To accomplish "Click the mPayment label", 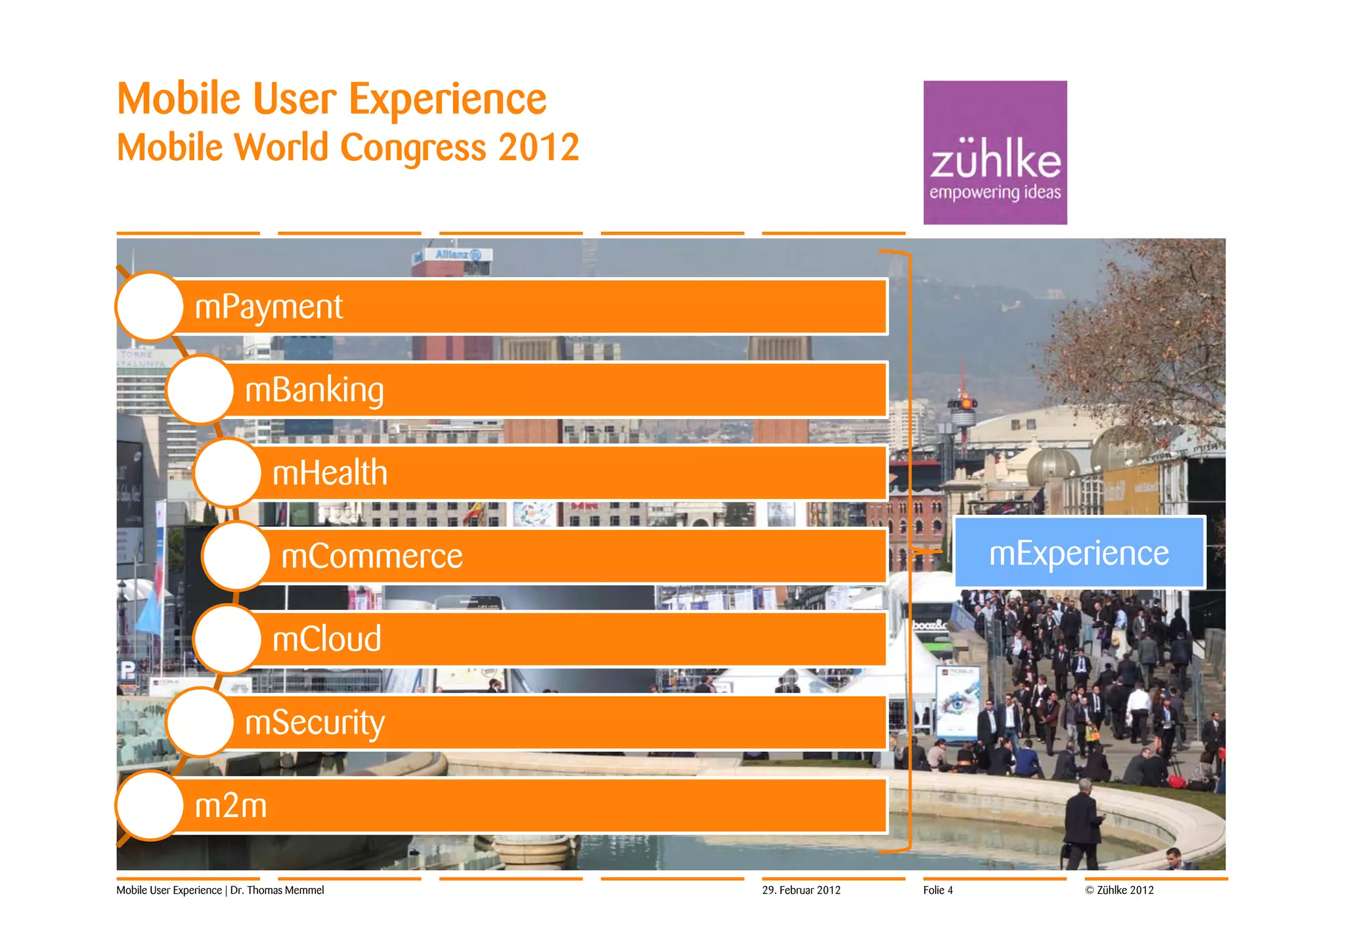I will click(x=269, y=307).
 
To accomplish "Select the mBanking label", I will click(x=314, y=390).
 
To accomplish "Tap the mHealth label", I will click(x=330, y=473).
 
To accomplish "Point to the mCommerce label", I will click(x=372, y=556).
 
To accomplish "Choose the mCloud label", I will click(x=326, y=639).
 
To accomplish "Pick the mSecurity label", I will click(x=315, y=722).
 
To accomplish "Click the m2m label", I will click(x=231, y=805).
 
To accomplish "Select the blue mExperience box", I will click(x=1079, y=552).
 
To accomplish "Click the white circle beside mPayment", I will click(x=150, y=307).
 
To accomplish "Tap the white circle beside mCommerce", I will click(x=236, y=556).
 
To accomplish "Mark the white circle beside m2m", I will click(x=150, y=805).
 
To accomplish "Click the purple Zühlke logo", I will click(x=995, y=152).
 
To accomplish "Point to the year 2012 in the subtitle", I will click(x=539, y=147).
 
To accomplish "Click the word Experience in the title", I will click(x=447, y=99).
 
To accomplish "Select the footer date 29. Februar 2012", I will click(x=801, y=890).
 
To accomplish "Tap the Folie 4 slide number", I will click(x=938, y=890).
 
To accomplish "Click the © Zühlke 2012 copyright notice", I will click(x=1119, y=890).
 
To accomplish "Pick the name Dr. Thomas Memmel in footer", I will click(x=277, y=890).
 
